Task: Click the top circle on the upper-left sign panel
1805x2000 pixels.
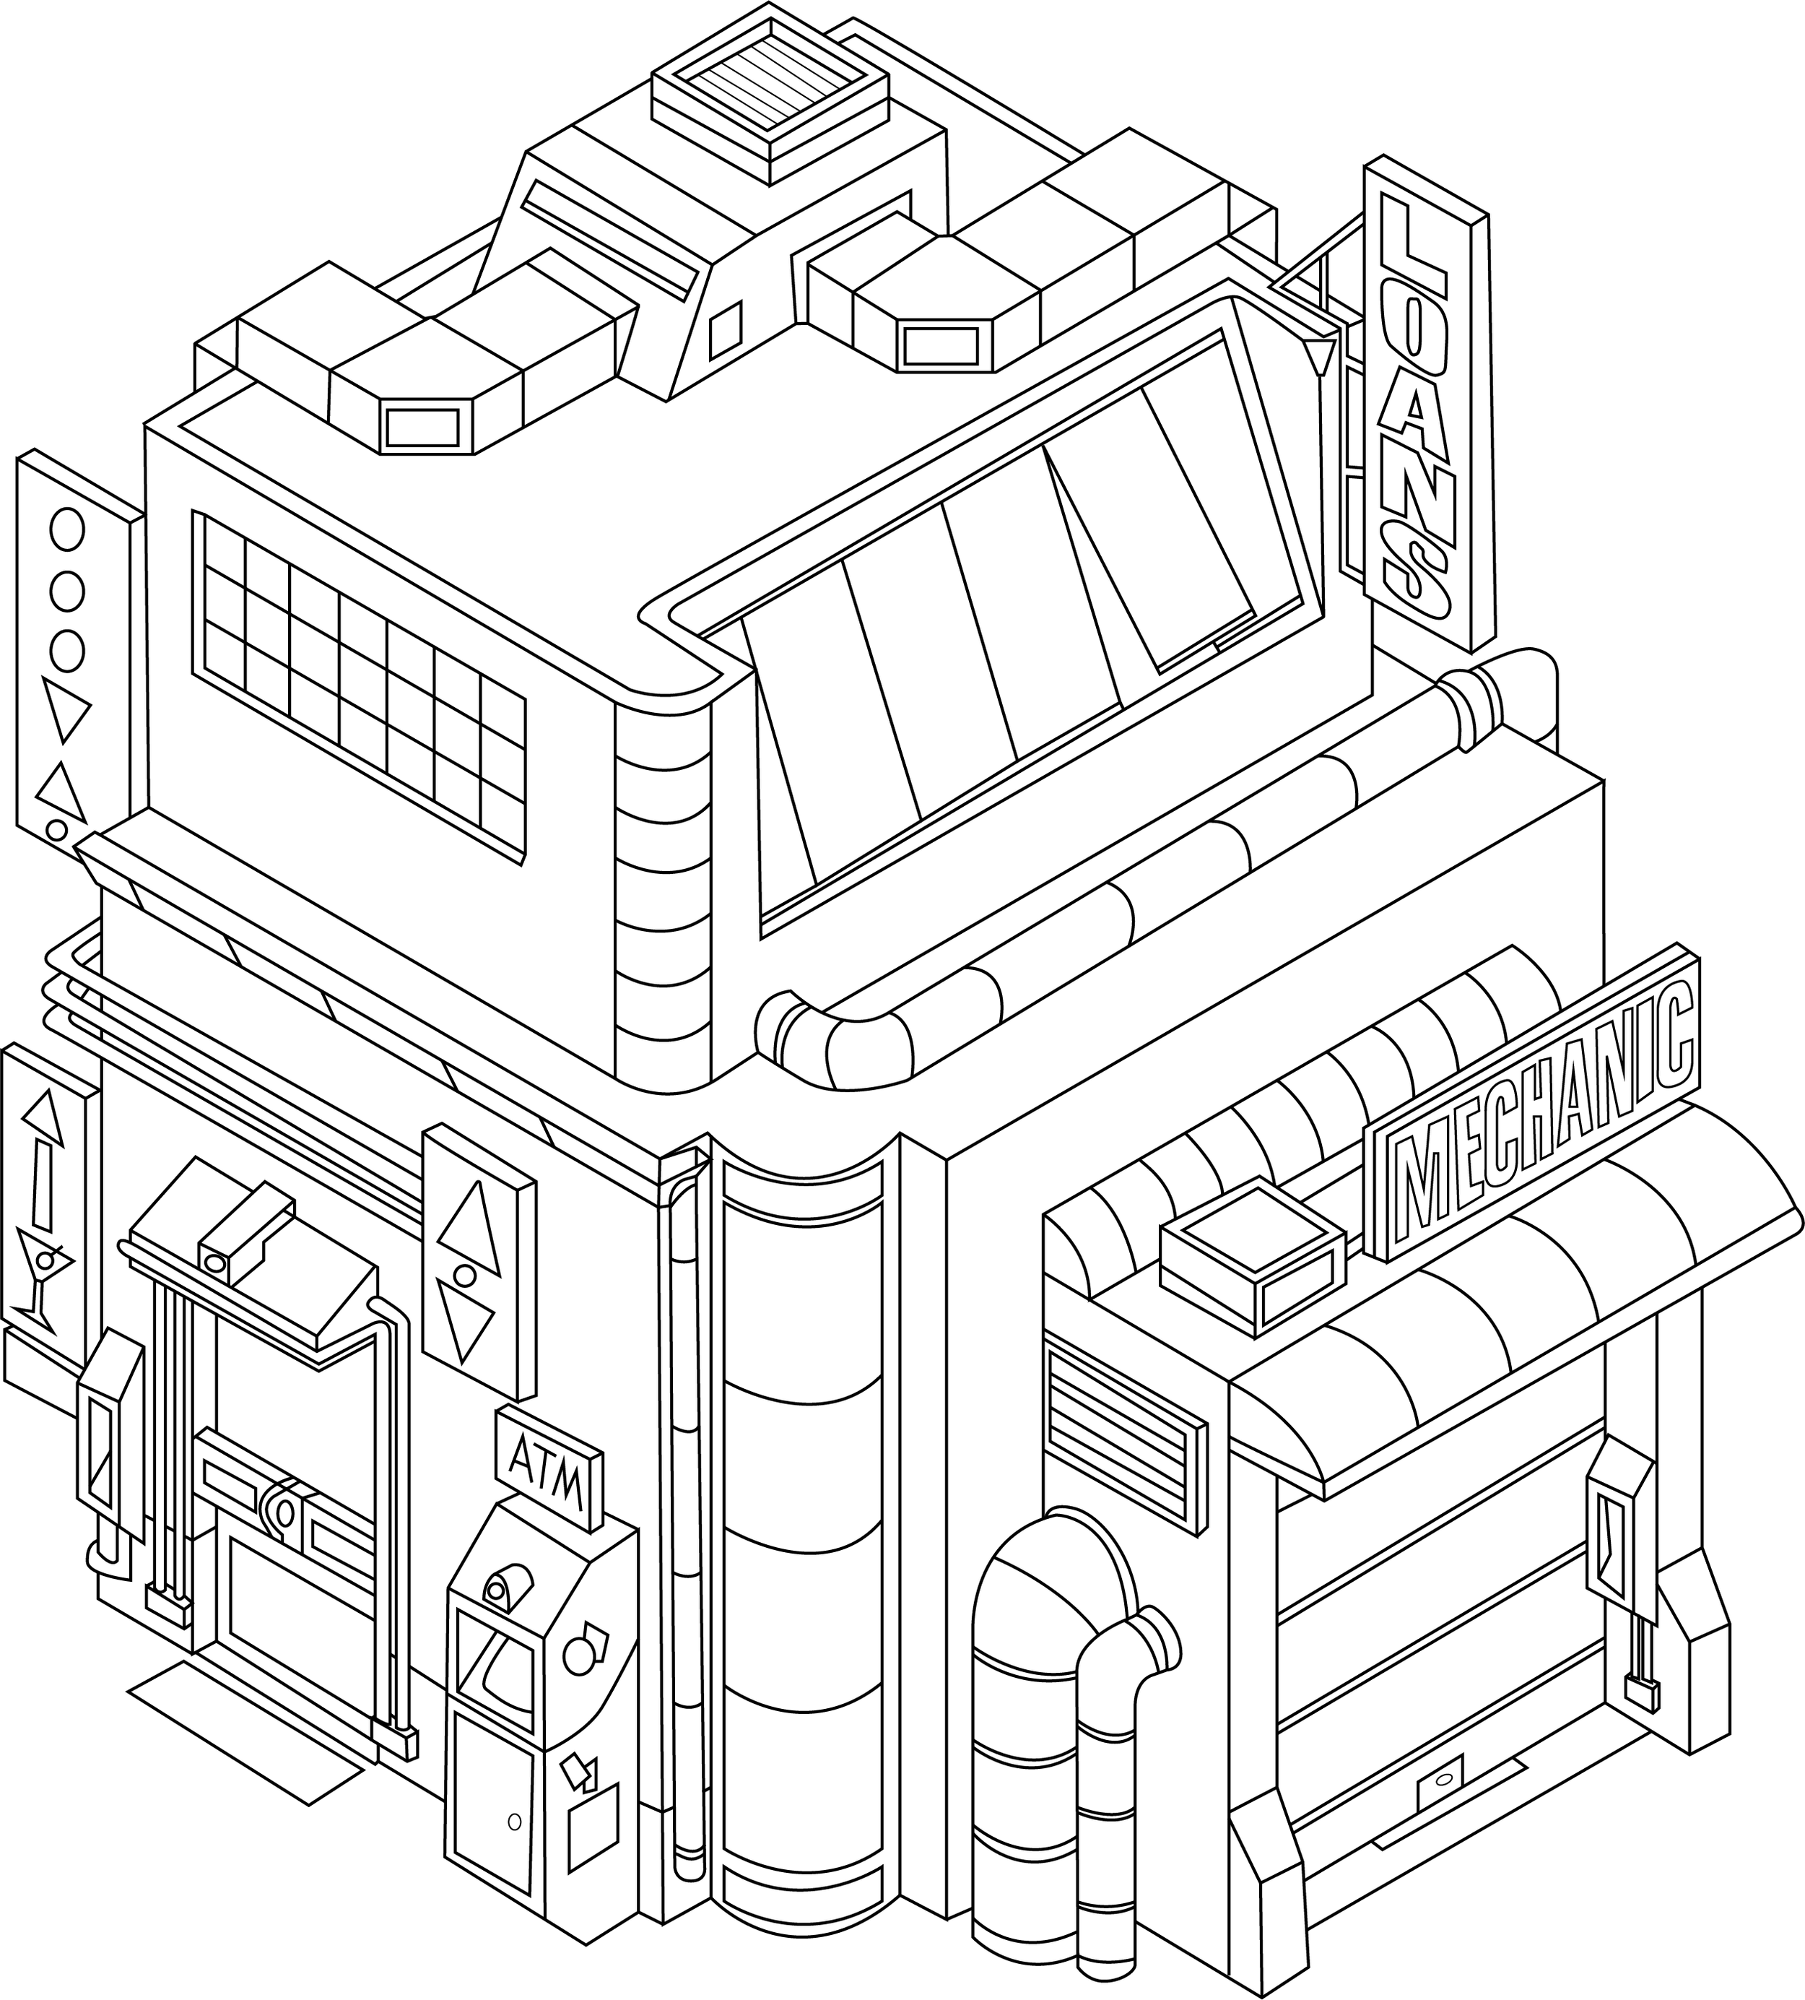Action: (x=66, y=529)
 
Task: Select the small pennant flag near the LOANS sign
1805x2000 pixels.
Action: (x=1318, y=357)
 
